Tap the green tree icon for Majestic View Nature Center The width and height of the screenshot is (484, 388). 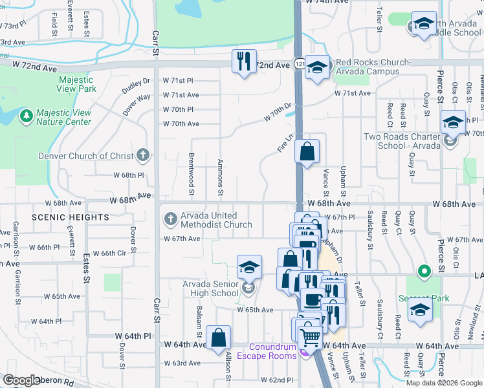coord(26,116)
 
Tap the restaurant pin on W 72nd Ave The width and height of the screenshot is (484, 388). coord(244,61)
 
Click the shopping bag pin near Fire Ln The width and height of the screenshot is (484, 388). coord(307,152)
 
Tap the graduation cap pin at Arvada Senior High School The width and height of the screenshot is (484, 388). coord(249,267)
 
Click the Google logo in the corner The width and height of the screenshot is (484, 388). coord(22,380)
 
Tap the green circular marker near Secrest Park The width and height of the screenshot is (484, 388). coord(424,271)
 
